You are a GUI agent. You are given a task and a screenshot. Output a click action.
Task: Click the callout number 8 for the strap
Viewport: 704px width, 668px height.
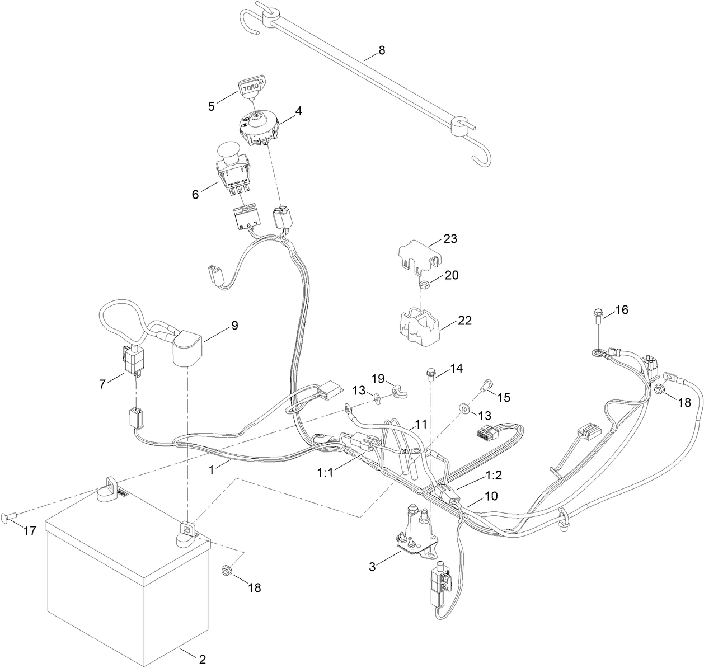pos(382,50)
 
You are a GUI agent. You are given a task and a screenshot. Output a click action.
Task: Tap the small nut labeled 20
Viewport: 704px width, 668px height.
pos(424,285)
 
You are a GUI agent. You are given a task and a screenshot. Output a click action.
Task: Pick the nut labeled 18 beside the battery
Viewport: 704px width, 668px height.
pos(227,570)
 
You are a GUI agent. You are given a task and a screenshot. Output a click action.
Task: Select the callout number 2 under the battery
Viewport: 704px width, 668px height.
pos(203,659)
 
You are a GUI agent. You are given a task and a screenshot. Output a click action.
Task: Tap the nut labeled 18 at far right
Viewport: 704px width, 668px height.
pos(659,389)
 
